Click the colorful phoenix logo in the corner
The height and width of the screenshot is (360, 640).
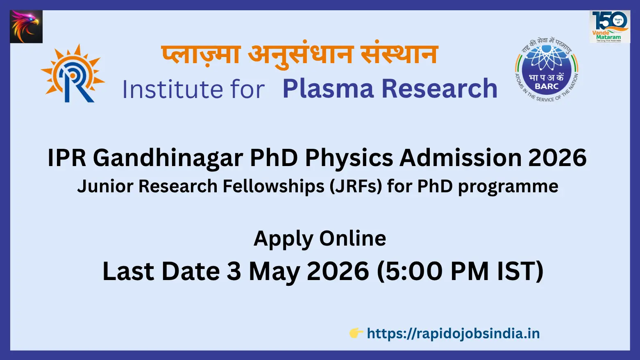point(26,27)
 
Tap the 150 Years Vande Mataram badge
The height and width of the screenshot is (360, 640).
point(610,27)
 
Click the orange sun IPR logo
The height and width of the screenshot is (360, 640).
point(73,73)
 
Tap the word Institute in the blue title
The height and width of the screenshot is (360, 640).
point(172,89)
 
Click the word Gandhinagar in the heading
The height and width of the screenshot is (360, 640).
point(168,158)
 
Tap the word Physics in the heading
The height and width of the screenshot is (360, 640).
point(349,158)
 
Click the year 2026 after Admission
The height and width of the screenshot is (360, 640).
point(557,158)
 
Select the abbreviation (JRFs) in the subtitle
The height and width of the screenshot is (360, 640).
point(356,186)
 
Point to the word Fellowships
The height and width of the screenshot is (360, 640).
point(273,186)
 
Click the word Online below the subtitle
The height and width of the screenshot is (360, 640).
point(352,238)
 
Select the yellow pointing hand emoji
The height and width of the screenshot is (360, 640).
point(356,333)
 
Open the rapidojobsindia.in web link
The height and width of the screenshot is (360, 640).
point(453,333)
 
